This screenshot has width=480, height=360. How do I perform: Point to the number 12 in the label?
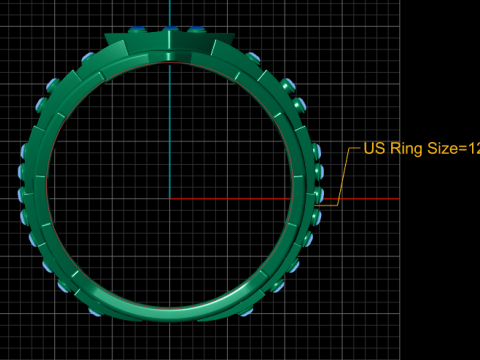tap(474, 148)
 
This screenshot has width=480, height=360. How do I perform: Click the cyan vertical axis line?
tap(170, 99)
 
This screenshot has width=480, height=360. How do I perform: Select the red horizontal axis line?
tap(285, 199)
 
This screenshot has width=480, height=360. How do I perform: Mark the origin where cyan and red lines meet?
tap(170, 199)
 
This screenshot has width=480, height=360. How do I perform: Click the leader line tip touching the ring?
tap(315, 206)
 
